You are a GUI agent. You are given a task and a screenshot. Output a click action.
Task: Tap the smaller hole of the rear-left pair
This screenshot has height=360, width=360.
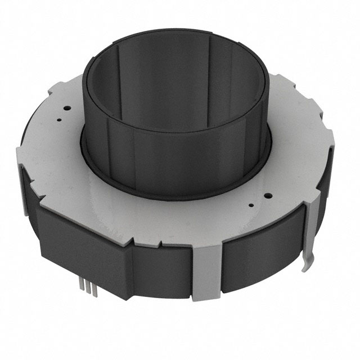58,120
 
